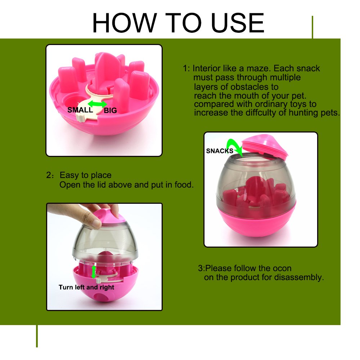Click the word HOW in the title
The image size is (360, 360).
[x=125, y=23]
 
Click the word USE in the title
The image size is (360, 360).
[x=238, y=23]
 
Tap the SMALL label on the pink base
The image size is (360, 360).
[x=80, y=110]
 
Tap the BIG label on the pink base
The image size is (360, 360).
[x=110, y=111]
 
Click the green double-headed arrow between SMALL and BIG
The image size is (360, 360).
[x=97, y=104]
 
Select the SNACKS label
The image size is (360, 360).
[x=220, y=151]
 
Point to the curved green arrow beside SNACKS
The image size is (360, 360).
[x=235, y=147]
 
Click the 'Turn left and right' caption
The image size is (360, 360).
[x=86, y=287]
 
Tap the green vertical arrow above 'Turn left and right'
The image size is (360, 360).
[x=94, y=272]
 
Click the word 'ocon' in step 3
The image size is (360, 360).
[x=282, y=268]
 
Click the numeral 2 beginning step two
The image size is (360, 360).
[x=49, y=175]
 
